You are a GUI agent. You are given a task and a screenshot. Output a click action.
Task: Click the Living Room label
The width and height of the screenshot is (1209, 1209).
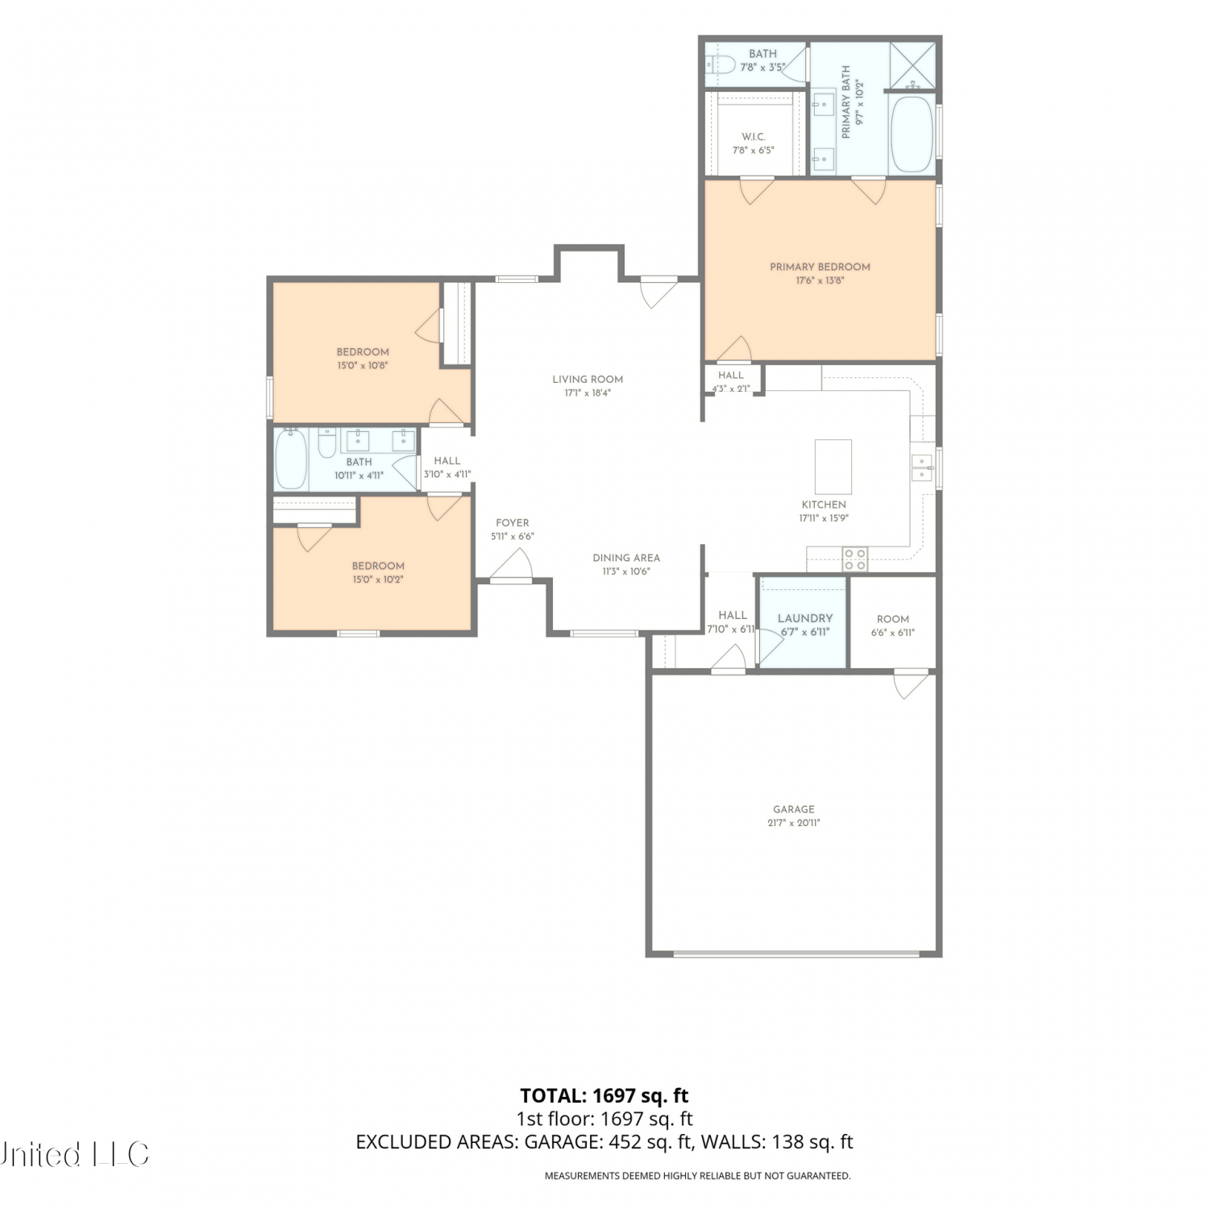(588, 380)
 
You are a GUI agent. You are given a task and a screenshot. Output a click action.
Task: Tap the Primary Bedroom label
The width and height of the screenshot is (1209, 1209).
(820, 267)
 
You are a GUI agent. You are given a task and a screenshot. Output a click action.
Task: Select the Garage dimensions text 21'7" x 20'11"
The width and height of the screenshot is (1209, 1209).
(794, 823)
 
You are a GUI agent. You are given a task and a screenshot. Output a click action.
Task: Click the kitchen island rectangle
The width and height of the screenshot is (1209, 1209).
(833, 467)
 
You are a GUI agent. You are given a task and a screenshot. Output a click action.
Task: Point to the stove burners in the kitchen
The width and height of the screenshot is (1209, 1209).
(855, 559)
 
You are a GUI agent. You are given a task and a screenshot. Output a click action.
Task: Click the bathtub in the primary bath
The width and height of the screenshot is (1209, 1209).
(912, 135)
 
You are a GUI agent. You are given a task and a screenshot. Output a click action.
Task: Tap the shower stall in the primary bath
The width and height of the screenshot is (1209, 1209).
(912, 65)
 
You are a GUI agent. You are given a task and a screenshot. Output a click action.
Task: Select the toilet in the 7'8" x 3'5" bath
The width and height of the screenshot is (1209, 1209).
(717, 64)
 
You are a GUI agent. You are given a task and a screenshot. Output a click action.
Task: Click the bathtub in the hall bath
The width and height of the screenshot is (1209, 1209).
(290, 459)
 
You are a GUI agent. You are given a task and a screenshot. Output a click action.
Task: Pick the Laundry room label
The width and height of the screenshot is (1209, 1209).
(805, 618)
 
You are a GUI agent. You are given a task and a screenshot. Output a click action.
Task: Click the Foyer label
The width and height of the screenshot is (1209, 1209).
(513, 523)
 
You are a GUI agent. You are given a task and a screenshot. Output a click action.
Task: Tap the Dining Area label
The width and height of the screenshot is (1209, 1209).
(626, 558)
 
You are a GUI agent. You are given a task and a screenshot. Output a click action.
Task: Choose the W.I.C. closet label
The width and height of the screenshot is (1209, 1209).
(754, 137)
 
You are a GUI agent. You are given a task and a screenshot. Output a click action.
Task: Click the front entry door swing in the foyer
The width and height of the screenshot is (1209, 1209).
(512, 563)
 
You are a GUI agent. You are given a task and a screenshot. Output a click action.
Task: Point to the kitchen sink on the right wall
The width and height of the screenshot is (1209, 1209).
(922, 467)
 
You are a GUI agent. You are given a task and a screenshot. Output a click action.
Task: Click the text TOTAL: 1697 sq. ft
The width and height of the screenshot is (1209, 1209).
(604, 1095)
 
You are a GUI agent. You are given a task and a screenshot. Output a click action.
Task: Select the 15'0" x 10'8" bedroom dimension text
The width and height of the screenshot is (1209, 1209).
(363, 365)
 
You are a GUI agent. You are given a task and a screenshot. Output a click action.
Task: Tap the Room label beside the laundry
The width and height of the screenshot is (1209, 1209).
(893, 619)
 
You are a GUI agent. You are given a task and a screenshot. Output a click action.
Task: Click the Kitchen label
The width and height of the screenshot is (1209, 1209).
(824, 505)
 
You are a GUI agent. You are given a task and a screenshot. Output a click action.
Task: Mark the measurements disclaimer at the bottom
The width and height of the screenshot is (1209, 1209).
(698, 1176)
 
